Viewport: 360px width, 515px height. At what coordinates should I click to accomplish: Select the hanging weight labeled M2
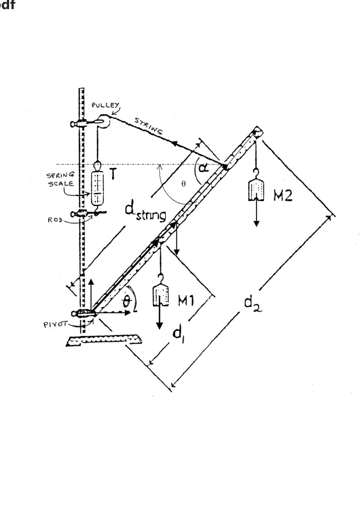(256, 189)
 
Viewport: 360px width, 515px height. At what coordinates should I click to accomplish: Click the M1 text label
(190, 300)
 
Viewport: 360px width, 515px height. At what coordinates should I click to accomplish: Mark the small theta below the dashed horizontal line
(184, 183)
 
